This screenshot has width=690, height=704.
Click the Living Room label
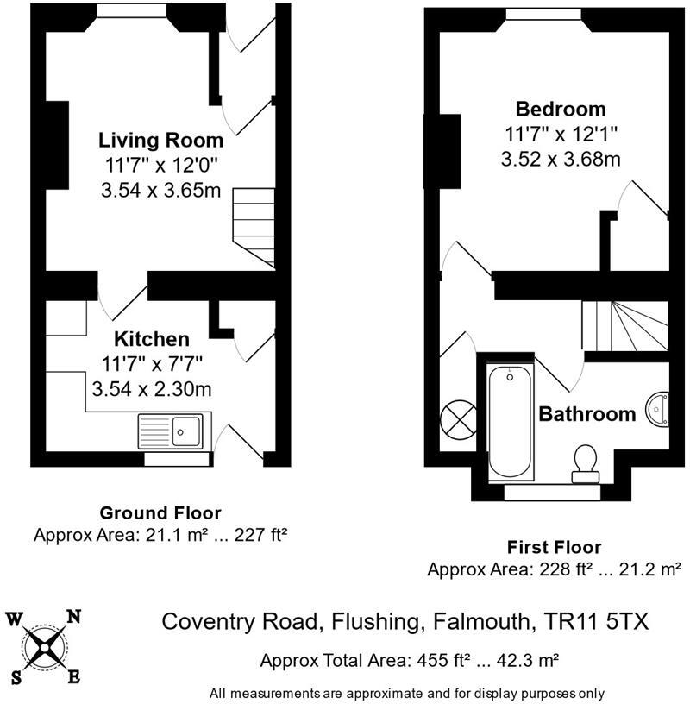pyautogui.click(x=160, y=140)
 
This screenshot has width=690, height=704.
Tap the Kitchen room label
pyautogui.click(x=153, y=338)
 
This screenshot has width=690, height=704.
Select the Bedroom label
pyautogui.click(x=561, y=110)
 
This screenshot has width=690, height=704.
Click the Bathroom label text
pyautogui.click(x=586, y=414)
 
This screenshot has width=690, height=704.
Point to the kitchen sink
pyautogui.click(x=173, y=430)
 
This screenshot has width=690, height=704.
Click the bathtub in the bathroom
pyautogui.click(x=511, y=422)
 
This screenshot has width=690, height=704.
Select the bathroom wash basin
pyautogui.click(x=658, y=408)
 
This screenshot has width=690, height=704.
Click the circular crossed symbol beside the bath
pyautogui.click(x=457, y=421)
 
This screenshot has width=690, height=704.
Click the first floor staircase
pyautogui.click(x=625, y=325)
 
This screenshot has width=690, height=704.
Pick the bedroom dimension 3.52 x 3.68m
pyautogui.click(x=561, y=159)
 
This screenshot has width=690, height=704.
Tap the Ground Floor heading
pyautogui.click(x=160, y=513)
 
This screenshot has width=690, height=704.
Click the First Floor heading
pyautogui.click(x=555, y=547)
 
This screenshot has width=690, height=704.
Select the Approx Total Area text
pyautogui.click(x=410, y=661)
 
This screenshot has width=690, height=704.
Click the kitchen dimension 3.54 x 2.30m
pyautogui.click(x=152, y=388)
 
